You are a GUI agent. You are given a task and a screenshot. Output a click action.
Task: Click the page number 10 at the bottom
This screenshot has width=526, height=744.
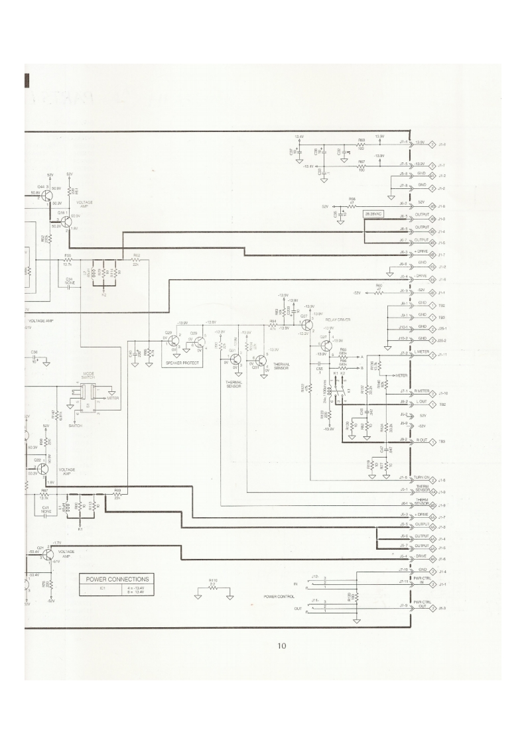coord(282,645)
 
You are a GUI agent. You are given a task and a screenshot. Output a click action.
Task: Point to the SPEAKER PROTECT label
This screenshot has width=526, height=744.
coord(182,363)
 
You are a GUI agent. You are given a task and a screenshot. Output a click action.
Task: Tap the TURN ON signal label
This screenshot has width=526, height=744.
coord(422,478)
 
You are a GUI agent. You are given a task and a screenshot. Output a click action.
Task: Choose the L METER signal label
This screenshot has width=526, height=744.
coord(422,353)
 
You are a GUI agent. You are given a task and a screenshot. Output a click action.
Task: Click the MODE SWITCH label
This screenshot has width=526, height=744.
coord(88,376)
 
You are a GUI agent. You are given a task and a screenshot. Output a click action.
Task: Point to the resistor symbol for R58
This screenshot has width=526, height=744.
coord(352,206)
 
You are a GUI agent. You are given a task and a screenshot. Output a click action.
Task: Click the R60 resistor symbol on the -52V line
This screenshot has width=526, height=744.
coord(379,292)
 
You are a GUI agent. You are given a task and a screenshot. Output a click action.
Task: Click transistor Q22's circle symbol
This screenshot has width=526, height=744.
coord(42,467)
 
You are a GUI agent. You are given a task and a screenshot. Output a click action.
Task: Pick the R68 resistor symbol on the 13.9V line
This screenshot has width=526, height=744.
coord(362,144)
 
